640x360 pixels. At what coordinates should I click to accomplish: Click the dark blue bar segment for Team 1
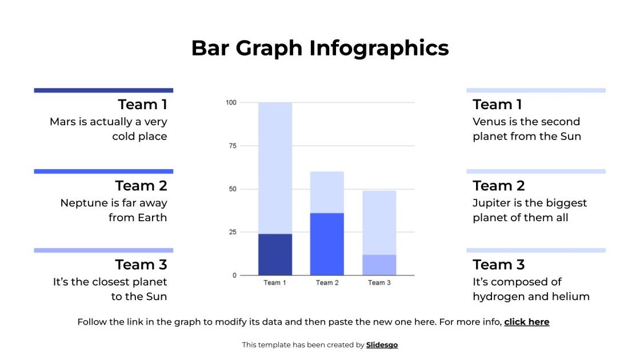click(x=275, y=254)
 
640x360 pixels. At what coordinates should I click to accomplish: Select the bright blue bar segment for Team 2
click(x=327, y=244)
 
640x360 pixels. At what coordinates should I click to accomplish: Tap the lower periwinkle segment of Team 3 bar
click(x=379, y=265)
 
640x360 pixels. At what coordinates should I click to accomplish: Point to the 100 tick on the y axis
click(x=231, y=103)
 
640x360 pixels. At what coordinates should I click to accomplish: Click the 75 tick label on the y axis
click(x=232, y=146)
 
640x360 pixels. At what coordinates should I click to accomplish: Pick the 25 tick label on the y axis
click(x=232, y=232)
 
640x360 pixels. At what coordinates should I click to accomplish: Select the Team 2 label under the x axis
click(x=327, y=283)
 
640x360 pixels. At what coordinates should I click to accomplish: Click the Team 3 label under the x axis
click(x=379, y=283)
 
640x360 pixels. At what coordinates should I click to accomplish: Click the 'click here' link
click(x=526, y=322)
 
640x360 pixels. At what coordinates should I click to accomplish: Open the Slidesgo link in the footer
click(x=382, y=345)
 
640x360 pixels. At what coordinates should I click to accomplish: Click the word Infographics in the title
click(x=379, y=48)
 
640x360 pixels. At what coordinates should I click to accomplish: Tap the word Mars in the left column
click(x=62, y=122)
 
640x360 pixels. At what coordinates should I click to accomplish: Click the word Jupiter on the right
click(x=492, y=203)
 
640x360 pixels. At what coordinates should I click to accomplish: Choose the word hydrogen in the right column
click(x=498, y=297)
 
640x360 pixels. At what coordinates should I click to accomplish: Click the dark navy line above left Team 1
click(x=103, y=90)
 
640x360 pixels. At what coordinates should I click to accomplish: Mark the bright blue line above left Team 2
click(x=103, y=171)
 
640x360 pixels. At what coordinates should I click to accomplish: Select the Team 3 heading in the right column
click(x=498, y=265)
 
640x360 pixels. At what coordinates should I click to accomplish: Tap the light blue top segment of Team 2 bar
click(x=327, y=192)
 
